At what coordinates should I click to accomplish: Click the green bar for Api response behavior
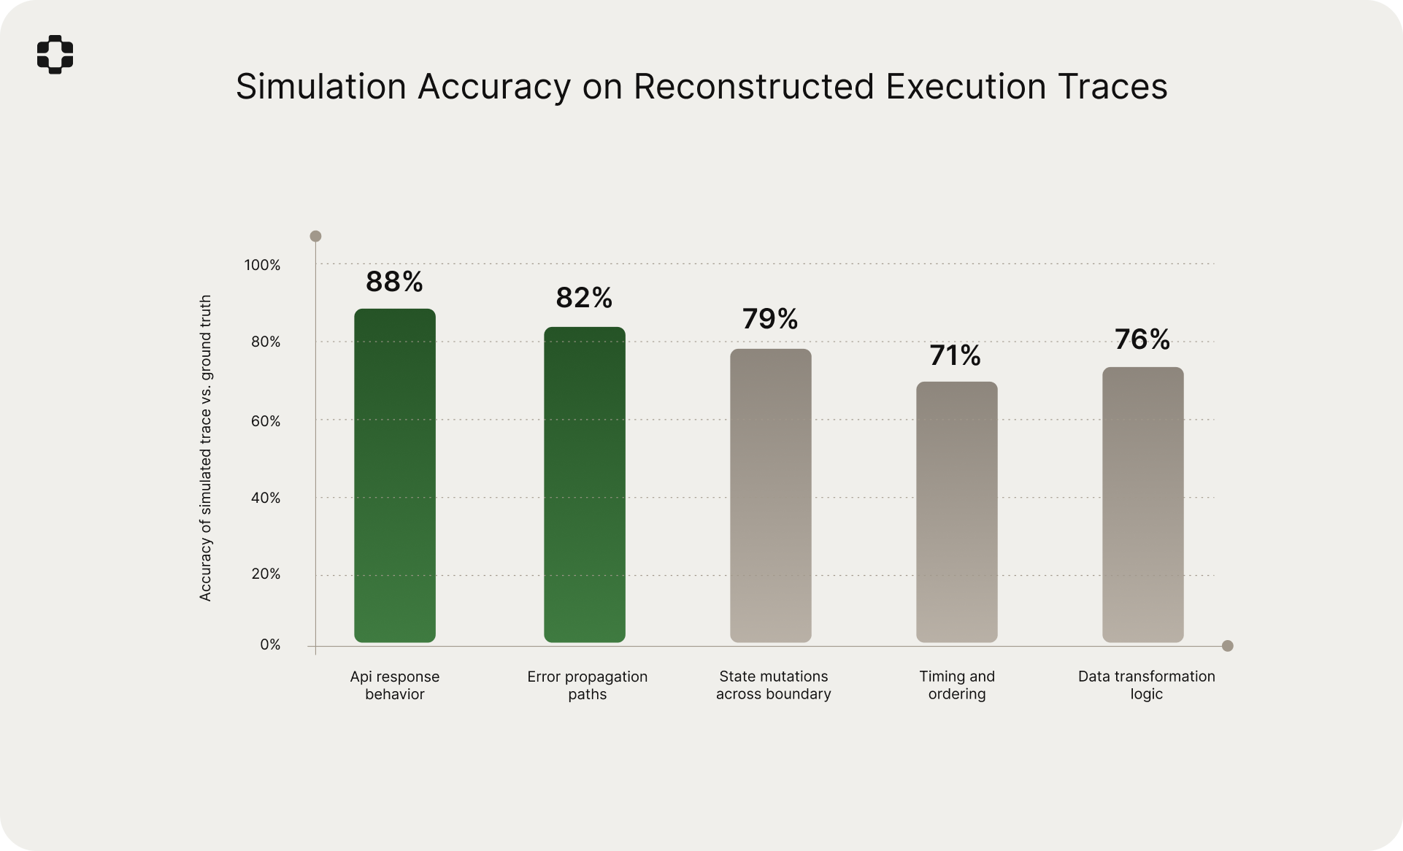pyautogui.click(x=395, y=475)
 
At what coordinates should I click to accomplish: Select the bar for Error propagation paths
pyautogui.click(x=585, y=485)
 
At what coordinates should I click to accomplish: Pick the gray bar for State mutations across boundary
pyautogui.click(x=771, y=496)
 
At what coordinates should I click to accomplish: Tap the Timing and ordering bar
pyautogui.click(x=957, y=512)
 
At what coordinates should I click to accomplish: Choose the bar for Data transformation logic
pyautogui.click(x=1143, y=504)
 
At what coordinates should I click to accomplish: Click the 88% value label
pyautogui.click(x=394, y=282)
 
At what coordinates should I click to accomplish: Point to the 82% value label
pyautogui.click(x=584, y=298)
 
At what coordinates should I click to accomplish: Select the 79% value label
pyautogui.click(x=770, y=319)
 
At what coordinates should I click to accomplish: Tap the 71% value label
pyautogui.click(x=956, y=355)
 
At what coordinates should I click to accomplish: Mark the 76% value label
pyautogui.click(x=1142, y=339)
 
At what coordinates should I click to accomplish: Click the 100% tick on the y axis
pyautogui.click(x=262, y=265)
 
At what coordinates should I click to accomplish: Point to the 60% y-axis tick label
pyautogui.click(x=266, y=421)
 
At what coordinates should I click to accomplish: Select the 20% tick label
pyautogui.click(x=266, y=574)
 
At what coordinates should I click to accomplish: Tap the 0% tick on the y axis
pyautogui.click(x=270, y=645)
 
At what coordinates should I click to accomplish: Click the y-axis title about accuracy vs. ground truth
pyautogui.click(x=205, y=448)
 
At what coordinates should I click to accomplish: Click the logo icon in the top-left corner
pyautogui.click(x=55, y=54)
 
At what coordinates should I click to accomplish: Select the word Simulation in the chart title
pyautogui.click(x=320, y=87)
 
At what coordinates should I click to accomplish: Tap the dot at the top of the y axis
pyautogui.click(x=315, y=236)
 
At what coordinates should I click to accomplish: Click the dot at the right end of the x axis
pyautogui.click(x=1228, y=646)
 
